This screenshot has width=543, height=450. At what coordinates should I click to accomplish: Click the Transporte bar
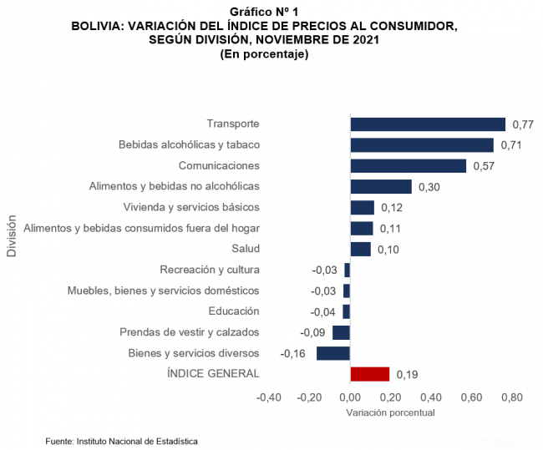[428, 124]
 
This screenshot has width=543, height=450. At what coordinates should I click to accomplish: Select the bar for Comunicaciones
[408, 165]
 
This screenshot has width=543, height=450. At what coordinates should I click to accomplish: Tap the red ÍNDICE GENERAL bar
[370, 373]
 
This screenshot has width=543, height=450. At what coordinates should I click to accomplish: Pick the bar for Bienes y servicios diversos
[333, 353]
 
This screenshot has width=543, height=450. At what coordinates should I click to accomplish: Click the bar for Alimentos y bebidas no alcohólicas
[381, 186]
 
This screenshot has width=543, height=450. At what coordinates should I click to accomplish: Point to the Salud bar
[360, 249]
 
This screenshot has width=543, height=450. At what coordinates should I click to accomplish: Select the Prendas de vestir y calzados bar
[341, 332]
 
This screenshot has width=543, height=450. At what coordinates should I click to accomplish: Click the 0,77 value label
[522, 124]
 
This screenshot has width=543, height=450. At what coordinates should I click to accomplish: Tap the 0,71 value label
[510, 145]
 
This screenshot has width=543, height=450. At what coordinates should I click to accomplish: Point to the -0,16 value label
[292, 353]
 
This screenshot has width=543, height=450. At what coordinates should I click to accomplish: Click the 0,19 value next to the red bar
[407, 374]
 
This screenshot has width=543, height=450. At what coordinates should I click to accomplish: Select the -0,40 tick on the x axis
[268, 397]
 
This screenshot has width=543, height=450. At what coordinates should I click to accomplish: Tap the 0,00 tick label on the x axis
[349, 397]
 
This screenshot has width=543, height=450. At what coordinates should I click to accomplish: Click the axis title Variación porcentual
[390, 412]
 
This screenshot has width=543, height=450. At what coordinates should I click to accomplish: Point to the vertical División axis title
[12, 236]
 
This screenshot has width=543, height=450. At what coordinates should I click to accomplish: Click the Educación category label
[234, 311]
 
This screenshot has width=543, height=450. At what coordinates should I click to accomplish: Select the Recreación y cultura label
[210, 270]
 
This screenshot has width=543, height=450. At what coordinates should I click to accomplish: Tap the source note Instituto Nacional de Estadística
[122, 440]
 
